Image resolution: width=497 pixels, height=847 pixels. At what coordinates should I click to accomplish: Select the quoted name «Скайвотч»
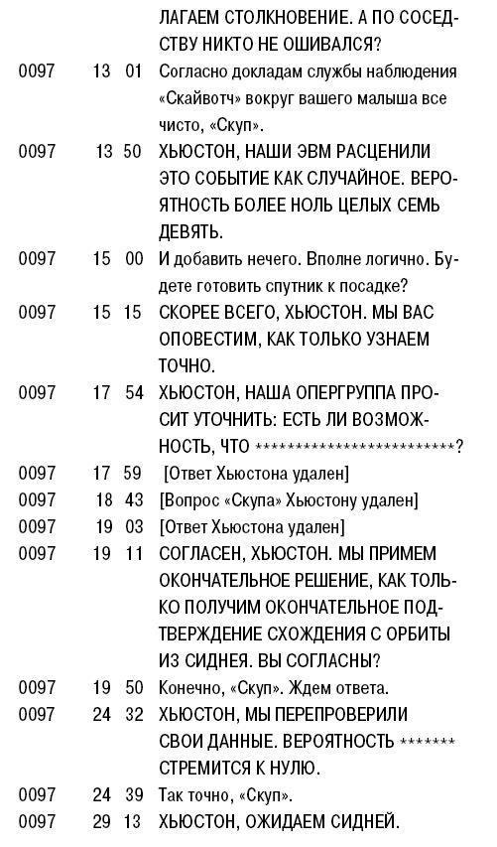click(197, 99)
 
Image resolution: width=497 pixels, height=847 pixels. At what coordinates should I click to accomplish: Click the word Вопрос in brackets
click(194, 499)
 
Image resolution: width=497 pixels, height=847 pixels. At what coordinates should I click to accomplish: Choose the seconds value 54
click(134, 392)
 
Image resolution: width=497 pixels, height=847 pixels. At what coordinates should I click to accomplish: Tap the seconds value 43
click(134, 499)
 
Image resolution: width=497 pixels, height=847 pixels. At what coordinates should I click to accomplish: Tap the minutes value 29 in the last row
click(103, 821)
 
